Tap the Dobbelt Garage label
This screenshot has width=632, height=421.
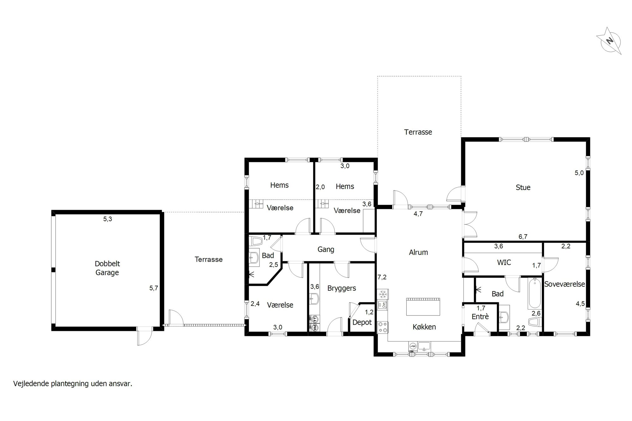pyautogui.click(x=107, y=268)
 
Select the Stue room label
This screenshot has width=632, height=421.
pyautogui.click(x=523, y=187)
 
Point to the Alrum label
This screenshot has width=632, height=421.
pyautogui.click(x=418, y=252)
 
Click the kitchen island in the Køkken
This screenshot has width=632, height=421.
pyautogui.click(x=423, y=306)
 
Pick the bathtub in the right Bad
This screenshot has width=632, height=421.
pyautogui.click(x=534, y=293)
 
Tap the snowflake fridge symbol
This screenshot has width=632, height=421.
pyautogui.click(x=383, y=294)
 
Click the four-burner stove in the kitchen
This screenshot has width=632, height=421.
pyautogui.click(x=383, y=327)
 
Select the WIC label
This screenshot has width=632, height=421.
pyautogui.click(x=504, y=262)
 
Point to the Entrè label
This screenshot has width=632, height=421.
pyautogui.click(x=480, y=316)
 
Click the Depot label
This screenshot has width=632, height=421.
pyautogui.click(x=362, y=322)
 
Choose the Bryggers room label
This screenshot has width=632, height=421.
pyautogui.click(x=342, y=288)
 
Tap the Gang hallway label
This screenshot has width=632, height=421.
pyautogui.click(x=326, y=250)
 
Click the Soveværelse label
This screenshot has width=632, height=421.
pyautogui.click(x=565, y=284)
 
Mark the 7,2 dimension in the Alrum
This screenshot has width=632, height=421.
pyautogui.click(x=382, y=277)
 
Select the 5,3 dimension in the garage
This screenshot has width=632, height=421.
pyautogui.click(x=108, y=219)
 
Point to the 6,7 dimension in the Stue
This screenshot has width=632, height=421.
pyautogui.click(x=523, y=237)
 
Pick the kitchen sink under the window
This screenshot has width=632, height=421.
pyautogui.click(x=424, y=346)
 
